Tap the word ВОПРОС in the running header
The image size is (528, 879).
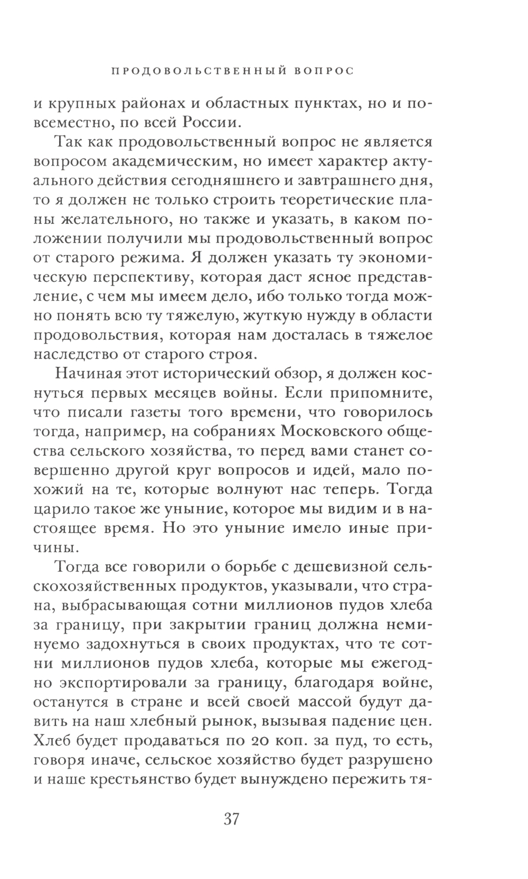(x=323, y=71)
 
